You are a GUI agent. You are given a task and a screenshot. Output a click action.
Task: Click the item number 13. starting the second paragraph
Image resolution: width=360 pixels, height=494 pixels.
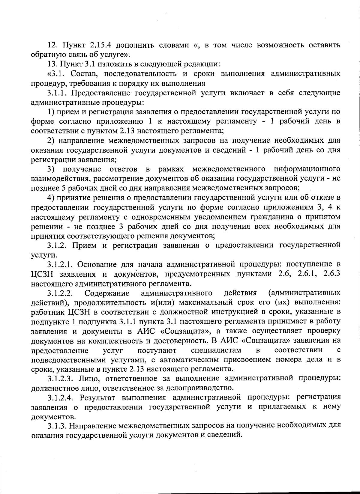[53, 64]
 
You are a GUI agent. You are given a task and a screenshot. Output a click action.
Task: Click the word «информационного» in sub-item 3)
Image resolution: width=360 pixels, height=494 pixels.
[307, 169]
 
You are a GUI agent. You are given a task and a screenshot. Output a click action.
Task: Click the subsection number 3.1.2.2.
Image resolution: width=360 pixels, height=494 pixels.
[61, 293]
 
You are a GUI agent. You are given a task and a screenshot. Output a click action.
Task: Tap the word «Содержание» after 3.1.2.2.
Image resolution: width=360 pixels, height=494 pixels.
[107, 293]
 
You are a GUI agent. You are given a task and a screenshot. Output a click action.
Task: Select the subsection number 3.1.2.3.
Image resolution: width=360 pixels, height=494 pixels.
[61, 379]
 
